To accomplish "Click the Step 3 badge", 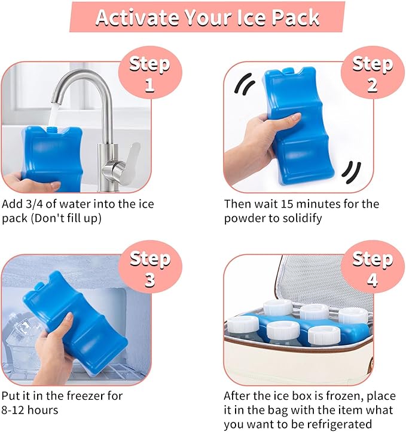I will point(149,269).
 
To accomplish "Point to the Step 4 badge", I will point(373,269).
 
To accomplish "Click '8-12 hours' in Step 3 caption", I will point(29,411).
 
